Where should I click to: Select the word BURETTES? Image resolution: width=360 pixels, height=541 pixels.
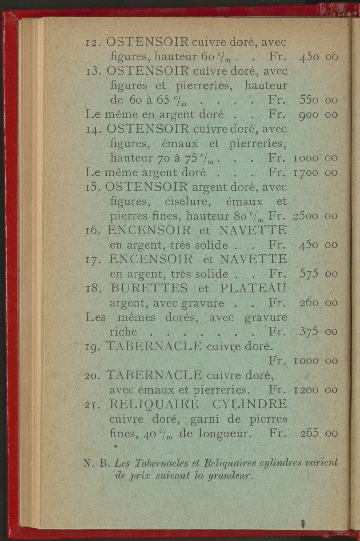click(x=149, y=288)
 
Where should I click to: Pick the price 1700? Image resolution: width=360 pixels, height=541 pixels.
click(x=306, y=173)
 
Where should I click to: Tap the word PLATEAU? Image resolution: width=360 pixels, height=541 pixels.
click(x=253, y=288)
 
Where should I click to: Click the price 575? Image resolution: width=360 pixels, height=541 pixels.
click(x=309, y=274)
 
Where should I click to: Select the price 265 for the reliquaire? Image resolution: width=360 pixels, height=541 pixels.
click(x=309, y=433)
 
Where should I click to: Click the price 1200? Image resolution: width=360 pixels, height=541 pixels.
click(x=306, y=390)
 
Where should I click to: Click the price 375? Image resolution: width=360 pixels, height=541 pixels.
click(x=309, y=332)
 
